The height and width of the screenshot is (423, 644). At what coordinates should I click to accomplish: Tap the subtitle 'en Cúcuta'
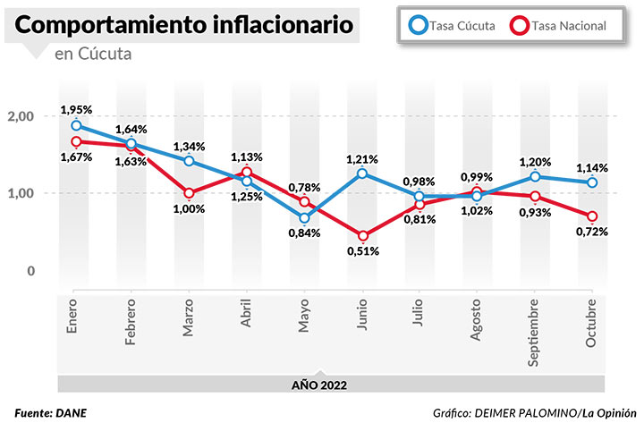pos(92,55)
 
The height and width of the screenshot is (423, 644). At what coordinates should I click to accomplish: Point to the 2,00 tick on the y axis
pos(21,116)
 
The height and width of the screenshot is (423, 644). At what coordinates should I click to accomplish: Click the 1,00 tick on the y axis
pos(21,193)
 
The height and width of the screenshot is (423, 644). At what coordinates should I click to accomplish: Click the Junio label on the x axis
pos(361,319)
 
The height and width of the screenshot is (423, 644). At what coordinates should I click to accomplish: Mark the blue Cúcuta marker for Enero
pos(77,126)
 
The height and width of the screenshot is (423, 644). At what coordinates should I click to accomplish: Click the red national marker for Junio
pos(363,236)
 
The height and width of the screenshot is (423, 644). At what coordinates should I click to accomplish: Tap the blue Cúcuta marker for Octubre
pos(592,182)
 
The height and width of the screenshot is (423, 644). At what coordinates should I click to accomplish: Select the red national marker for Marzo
pos(190,193)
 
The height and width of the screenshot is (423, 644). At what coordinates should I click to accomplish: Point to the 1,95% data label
pos(76,109)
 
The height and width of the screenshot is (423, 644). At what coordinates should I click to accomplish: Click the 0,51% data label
pos(363,251)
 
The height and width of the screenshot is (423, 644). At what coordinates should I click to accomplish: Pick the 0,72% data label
pos(592,232)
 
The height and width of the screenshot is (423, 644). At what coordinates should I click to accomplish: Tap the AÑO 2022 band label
pos(319,385)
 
